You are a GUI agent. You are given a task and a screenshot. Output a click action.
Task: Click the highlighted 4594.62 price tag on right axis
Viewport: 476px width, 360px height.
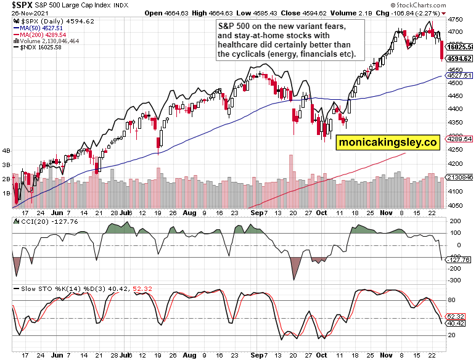coord(459,59)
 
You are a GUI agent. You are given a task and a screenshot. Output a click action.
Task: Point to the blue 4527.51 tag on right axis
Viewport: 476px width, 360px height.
coord(459,75)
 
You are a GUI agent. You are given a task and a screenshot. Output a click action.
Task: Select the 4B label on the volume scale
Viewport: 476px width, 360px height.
coord(7,150)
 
